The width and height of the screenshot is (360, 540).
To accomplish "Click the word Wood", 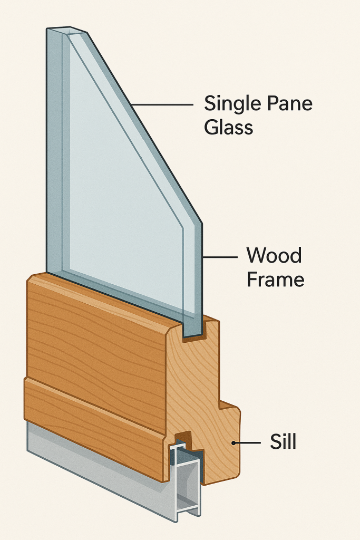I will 274,256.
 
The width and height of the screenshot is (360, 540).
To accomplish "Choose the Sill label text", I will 283,442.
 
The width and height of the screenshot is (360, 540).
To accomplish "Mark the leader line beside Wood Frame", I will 220,257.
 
